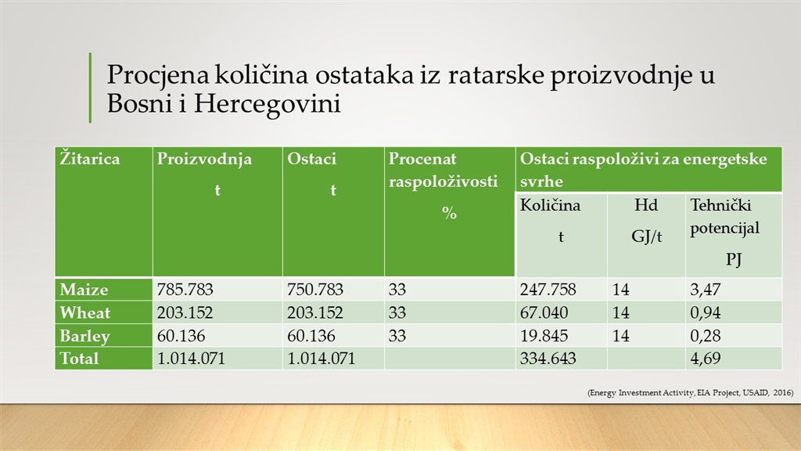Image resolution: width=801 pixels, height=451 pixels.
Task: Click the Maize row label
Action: [x=84, y=290]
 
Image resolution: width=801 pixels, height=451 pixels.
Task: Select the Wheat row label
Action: [x=84, y=312]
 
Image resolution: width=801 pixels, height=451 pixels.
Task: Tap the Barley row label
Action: [x=84, y=336]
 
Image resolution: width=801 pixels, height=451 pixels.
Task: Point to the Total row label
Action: [x=79, y=358]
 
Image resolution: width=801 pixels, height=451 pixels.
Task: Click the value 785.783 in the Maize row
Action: [x=185, y=290]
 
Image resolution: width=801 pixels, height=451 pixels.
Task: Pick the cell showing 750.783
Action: [x=314, y=290]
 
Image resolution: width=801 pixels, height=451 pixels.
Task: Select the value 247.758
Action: [x=548, y=290]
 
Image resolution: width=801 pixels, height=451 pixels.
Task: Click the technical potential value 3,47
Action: [x=705, y=290]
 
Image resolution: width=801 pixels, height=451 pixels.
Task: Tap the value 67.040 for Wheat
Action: [x=544, y=312]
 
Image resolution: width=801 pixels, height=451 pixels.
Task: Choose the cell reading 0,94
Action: [x=705, y=313]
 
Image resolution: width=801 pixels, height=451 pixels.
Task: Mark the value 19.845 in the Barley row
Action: [x=544, y=335]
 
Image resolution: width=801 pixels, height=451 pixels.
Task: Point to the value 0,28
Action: [x=705, y=336]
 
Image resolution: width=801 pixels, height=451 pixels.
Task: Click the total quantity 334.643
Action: [x=548, y=358]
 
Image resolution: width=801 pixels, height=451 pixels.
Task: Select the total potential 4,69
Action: [x=705, y=359]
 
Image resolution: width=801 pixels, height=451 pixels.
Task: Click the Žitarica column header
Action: [x=89, y=158]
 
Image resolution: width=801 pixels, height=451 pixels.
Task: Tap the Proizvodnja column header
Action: [x=204, y=160]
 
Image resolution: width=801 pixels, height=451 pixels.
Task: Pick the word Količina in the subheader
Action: [x=550, y=205]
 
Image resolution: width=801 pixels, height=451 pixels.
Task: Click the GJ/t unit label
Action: [x=646, y=236]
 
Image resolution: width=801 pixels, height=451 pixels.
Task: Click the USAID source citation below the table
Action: [x=690, y=393]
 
